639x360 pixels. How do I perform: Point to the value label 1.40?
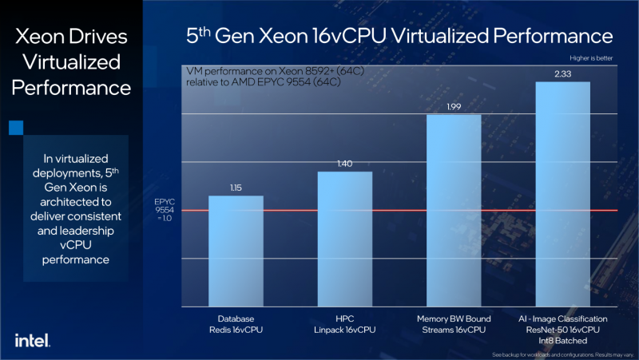344,164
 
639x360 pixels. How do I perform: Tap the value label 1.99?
454,107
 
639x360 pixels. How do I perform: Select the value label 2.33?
563,73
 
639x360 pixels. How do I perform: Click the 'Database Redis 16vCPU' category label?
236,323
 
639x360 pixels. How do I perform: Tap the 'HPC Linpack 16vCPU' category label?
344,323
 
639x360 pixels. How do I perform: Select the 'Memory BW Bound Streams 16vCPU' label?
454,323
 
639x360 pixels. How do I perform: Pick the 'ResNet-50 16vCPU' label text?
563,329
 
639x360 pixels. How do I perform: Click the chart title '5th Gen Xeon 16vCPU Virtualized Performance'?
399,36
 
